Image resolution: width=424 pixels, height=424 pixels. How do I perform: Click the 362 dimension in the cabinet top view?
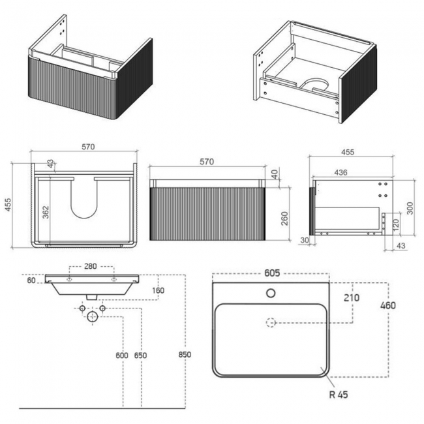pyautogui.click(x=46, y=213)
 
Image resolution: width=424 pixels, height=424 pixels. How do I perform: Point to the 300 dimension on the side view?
pyautogui.click(x=410, y=207)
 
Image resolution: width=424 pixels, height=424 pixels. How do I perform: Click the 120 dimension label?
pyautogui.click(x=396, y=223)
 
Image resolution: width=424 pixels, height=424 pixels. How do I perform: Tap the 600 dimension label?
pyautogui.click(x=121, y=356)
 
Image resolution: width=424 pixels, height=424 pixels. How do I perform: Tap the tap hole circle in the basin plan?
pyautogui.click(x=270, y=293)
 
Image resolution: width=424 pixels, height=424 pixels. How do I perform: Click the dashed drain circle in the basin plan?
pyautogui.click(x=270, y=322)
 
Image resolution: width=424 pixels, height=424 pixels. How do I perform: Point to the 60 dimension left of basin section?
pyautogui.click(x=30, y=280)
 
